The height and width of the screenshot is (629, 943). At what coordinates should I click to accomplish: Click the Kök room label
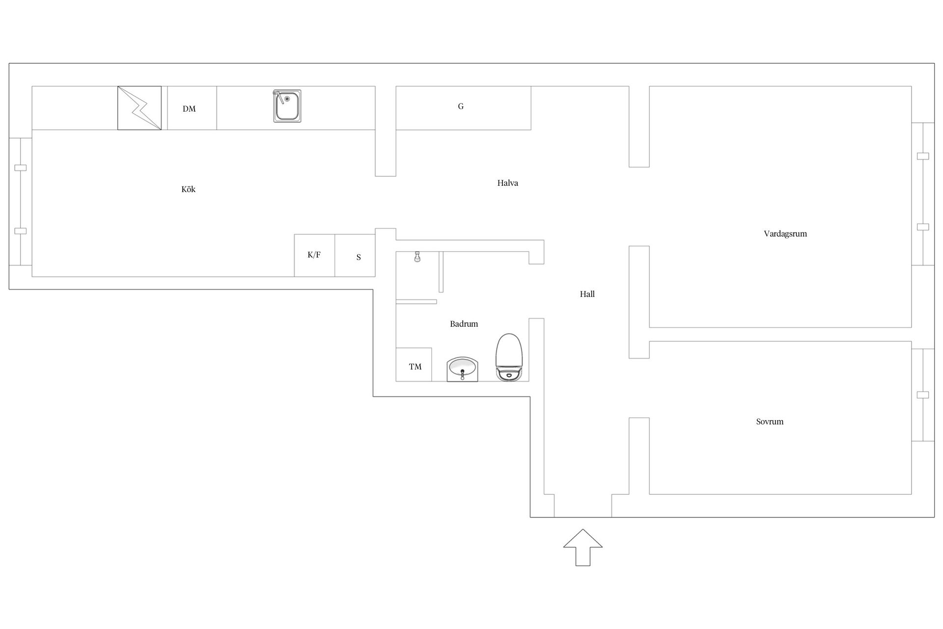[188, 189]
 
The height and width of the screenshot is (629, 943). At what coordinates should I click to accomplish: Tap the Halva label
[507, 183]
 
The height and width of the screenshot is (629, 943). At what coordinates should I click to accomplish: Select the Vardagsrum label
[785, 234]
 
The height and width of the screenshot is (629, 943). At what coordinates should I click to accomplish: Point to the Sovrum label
[770, 422]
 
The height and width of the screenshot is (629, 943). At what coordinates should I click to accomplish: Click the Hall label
[587, 294]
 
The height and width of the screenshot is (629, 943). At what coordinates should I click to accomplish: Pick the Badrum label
[464, 324]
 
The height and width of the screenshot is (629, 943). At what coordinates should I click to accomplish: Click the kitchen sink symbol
[287, 106]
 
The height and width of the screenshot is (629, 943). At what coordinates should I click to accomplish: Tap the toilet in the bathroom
[509, 357]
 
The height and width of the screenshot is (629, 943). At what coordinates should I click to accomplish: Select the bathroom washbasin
[462, 369]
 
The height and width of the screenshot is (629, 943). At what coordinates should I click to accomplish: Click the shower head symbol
[417, 257]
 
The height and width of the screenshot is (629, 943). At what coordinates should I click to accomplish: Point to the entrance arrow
[582, 547]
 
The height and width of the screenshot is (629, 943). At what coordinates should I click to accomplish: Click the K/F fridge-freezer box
[314, 256]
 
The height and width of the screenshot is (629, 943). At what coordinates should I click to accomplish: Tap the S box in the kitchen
[355, 256]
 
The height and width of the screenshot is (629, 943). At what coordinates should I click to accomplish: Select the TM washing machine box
[414, 365]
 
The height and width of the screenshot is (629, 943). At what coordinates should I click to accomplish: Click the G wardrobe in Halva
[463, 108]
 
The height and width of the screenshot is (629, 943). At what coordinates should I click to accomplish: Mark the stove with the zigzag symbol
[139, 108]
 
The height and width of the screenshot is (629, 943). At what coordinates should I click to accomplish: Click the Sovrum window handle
[923, 395]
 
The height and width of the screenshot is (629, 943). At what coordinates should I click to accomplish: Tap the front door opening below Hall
[583, 506]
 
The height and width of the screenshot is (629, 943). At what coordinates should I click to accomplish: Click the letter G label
[461, 106]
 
